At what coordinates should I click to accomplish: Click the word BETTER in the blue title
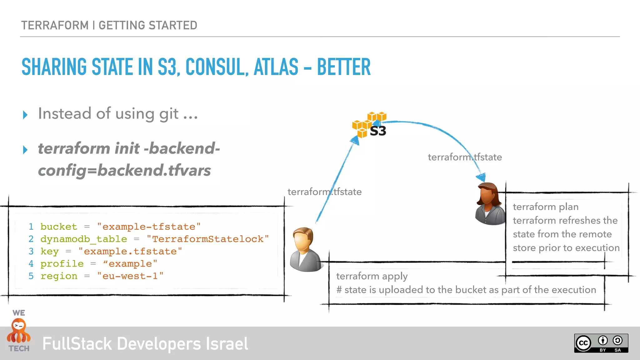tap(343, 67)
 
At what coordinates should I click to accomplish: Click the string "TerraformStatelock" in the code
tap(208, 239)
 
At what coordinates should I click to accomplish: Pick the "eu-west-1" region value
tap(130, 276)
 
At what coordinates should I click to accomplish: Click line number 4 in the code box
tap(31, 264)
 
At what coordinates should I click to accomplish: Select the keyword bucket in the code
tap(59, 227)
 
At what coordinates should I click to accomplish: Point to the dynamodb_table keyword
tap(84, 239)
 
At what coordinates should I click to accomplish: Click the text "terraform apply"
tap(372, 276)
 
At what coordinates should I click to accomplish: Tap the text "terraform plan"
tap(546, 207)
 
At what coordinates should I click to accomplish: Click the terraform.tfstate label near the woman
tap(465, 157)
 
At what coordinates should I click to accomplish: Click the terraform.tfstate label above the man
tap(324, 192)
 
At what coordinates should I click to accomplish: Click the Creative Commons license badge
tap(601, 343)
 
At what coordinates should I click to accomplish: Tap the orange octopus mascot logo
tap(19, 331)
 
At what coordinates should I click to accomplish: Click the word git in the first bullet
tap(169, 114)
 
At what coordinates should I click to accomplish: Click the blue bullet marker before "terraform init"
tap(25, 150)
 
